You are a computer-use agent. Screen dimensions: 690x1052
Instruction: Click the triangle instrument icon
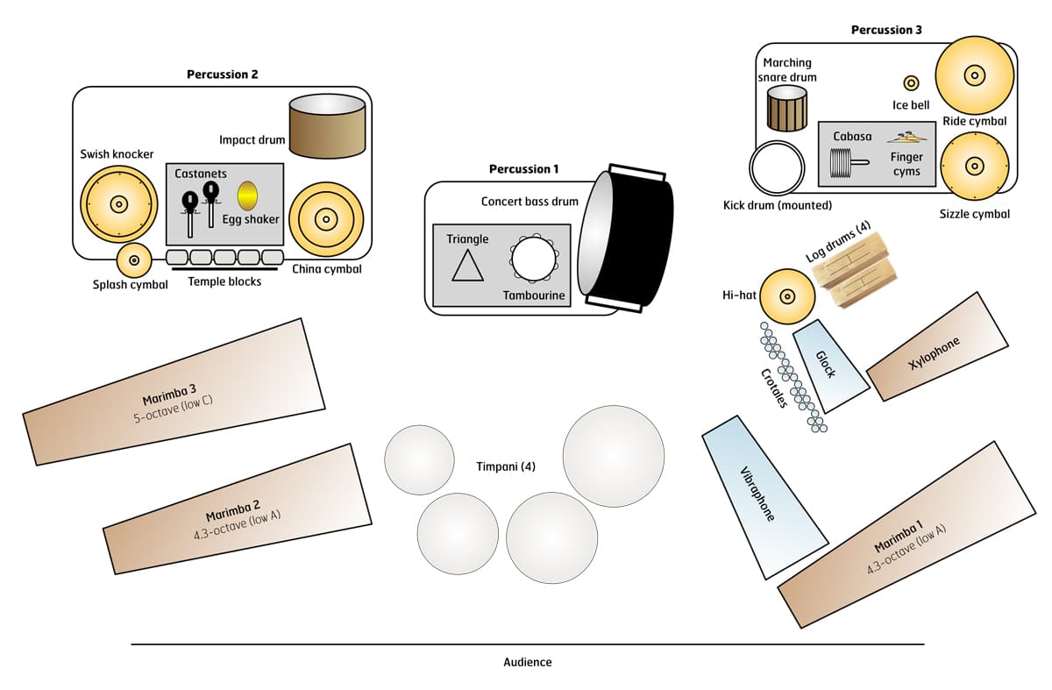pyautogui.click(x=467, y=266)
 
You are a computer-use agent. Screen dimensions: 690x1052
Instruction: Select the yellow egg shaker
pyautogui.click(x=247, y=194)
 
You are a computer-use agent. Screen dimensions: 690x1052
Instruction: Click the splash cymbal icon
pyautogui.click(x=135, y=260)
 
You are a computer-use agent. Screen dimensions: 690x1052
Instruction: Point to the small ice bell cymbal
pyautogui.click(x=911, y=83)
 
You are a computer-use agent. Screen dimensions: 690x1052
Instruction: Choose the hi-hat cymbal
pyautogui.click(x=786, y=296)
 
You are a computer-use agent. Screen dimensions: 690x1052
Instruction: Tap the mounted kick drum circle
pyautogui.click(x=776, y=167)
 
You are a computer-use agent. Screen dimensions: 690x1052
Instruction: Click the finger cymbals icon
pyautogui.click(x=906, y=137)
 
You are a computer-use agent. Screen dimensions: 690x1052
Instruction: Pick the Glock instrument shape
pyautogui.click(x=825, y=365)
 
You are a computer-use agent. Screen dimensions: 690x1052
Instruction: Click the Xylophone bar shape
pyautogui.click(x=939, y=347)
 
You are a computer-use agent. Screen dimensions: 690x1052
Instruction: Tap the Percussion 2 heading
pyautogui.click(x=222, y=75)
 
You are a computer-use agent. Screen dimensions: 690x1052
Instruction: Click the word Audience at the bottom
pyautogui.click(x=528, y=662)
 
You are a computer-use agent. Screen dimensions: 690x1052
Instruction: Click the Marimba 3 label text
pyautogui.click(x=172, y=389)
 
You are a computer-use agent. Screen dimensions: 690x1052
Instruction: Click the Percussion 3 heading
pyautogui.click(x=886, y=30)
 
